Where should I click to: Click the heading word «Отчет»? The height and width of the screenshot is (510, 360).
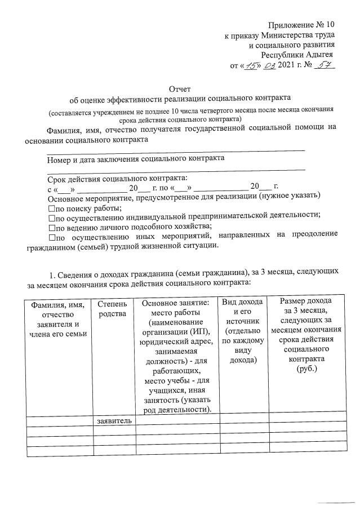[180, 88]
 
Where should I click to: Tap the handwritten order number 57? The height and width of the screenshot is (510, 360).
[323, 66]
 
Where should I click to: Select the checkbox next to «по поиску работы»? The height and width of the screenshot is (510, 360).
[51, 209]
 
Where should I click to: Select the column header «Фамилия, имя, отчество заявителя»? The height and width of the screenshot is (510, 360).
[57, 319]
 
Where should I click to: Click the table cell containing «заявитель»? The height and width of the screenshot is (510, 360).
[114, 420]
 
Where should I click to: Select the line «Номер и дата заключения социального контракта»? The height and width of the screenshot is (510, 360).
[136, 158]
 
